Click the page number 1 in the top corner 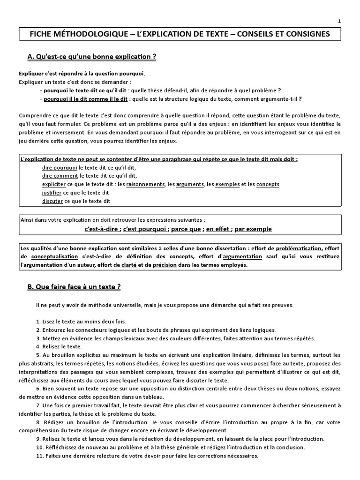[x=339, y=21]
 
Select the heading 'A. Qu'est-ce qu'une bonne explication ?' [x=91, y=57]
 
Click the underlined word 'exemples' [x=227, y=184]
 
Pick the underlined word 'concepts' [x=268, y=184]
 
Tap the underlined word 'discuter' [x=52, y=201]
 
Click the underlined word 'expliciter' [x=54, y=184]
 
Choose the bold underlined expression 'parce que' [x=186, y=229]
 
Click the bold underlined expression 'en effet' [x=218, y=229]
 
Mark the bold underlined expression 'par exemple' [x=253, y=229]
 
